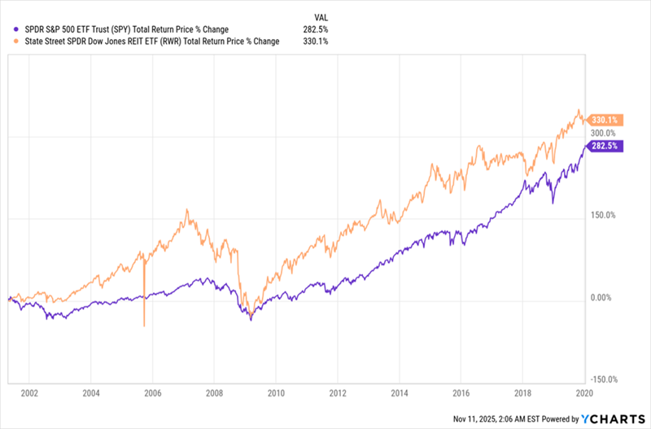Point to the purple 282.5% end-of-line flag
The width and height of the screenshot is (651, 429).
605,146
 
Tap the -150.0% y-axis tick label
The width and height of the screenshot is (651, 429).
604,379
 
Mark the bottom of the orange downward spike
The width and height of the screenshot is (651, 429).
144,326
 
